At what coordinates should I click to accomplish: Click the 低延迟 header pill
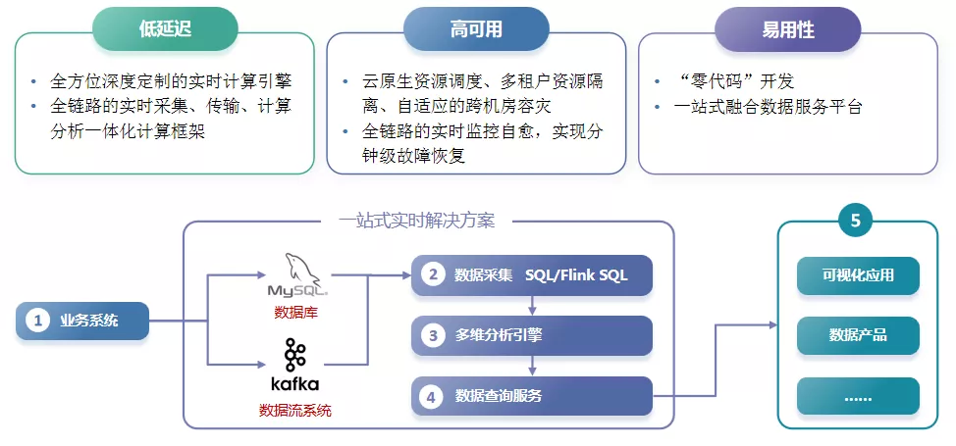(165, 29)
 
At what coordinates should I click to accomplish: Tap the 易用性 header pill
(788, 29)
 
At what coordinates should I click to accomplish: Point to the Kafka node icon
(295, 354)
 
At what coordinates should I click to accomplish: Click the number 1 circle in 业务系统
(37, 321)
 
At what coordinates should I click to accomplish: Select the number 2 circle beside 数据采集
(432, 275)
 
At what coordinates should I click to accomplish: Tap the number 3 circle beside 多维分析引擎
(432, 335)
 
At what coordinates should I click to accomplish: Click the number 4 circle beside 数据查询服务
(432, 396)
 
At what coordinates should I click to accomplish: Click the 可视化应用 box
(858, 275)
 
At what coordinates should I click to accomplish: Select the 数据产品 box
(858, 335)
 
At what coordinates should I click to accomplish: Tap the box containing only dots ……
(858, 396)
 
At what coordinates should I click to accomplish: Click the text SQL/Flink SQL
(576, 275)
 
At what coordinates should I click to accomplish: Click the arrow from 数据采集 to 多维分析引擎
(531, 305)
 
